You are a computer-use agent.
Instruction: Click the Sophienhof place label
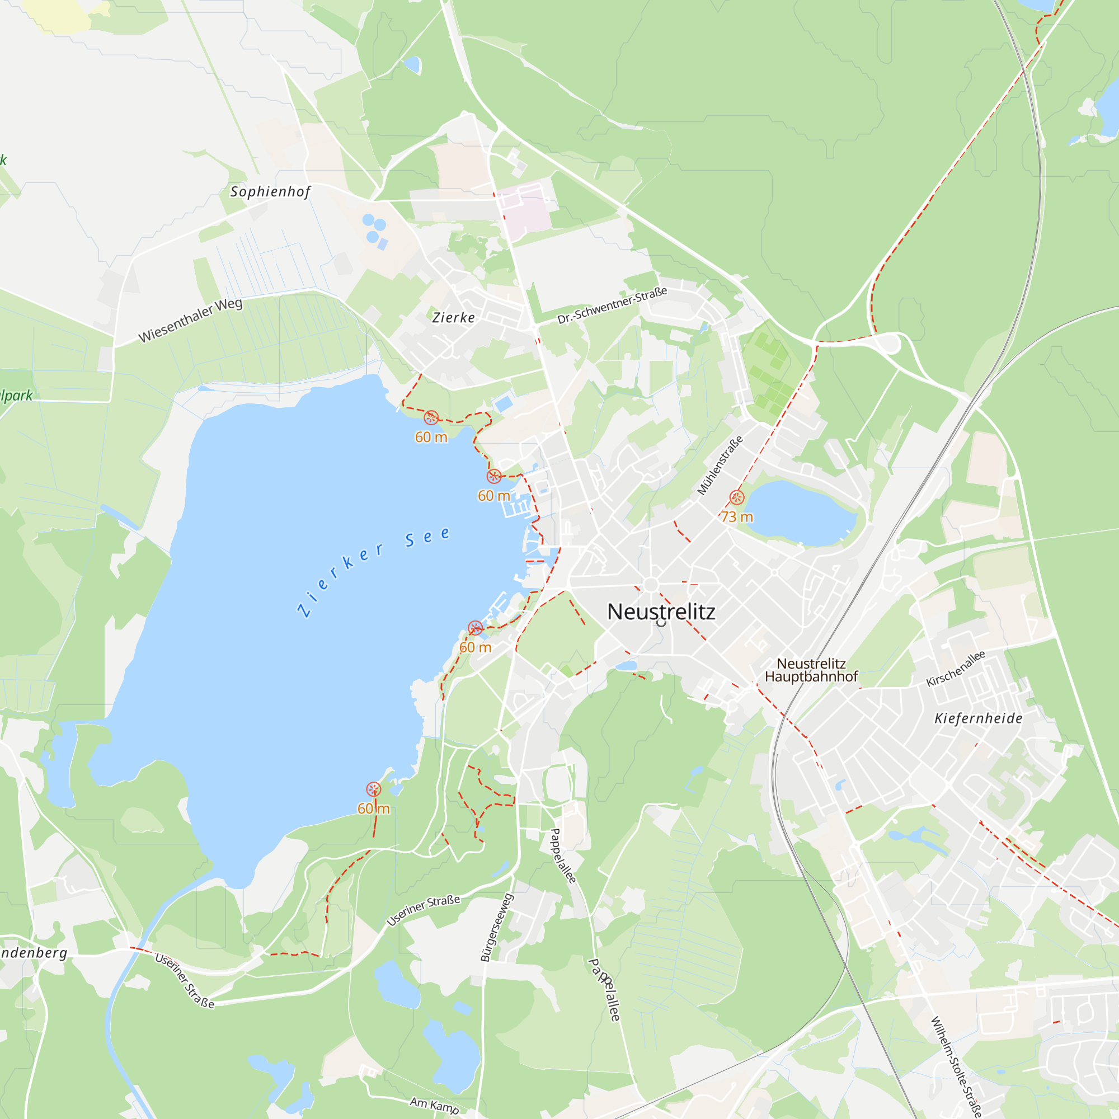click(270, 192)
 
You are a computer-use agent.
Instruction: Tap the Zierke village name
click(454, 317)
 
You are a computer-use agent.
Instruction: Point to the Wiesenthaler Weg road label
click(190, 320)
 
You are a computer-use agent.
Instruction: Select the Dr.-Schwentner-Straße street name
click(612, 305)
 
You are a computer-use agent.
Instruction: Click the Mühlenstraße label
click(720, 466)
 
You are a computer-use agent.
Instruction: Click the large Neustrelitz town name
click(661, 612)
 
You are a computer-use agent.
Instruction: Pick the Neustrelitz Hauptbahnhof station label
click(811, 670)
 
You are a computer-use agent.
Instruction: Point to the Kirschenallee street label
click(956, 669)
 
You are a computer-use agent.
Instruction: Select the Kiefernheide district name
click(978, 718)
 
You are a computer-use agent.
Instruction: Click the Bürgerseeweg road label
click(497, 927)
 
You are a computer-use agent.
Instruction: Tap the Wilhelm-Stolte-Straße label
click(956, 1066)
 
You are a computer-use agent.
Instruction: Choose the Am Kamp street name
click(434, 1104)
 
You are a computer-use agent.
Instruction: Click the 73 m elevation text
click(737, 516)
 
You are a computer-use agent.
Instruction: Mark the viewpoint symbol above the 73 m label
click(737, 497)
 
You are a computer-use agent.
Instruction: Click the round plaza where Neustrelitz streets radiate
click(651, 585)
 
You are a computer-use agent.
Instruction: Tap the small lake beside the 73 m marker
click(800, 513)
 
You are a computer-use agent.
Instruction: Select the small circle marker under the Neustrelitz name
click(661, 623)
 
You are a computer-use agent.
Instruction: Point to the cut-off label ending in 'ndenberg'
click(34, 953)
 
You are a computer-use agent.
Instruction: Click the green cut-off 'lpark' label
click(16, 396)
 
